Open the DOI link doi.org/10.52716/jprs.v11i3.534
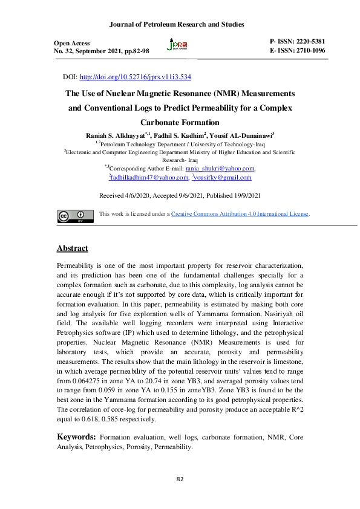pyautogui.click(x=136, y=78)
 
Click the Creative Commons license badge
pyautogui.click(x=75, y=216)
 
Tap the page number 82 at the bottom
pyautogui.click(x=180, y=479)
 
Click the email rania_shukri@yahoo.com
pyautogui.click(x=220, y=169)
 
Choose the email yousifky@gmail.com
pyautogui.click(x=223, y=178)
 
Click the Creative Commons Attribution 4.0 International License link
pyautogui.click(x=240, y=214)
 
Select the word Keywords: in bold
pyautogui.click(x=76, y=436)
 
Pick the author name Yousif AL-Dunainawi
pyautogui.click(x=241, y=134)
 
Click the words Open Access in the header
pyautogui.click(x=72, y=44)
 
